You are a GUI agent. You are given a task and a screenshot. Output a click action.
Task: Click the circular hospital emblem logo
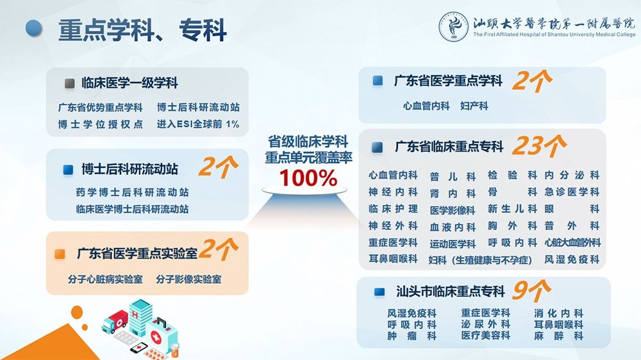point(453,26)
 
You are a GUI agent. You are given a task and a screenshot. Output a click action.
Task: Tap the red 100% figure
point(308,178)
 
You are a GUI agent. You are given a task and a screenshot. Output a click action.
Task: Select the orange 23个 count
point(539,145)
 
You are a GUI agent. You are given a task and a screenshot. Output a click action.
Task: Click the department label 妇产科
point(474,106)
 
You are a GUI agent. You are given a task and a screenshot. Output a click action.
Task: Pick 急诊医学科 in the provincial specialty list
point(572,192)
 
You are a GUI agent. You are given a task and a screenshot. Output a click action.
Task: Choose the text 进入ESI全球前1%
point(198,124)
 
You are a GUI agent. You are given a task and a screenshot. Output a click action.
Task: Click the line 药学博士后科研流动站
point(133,192)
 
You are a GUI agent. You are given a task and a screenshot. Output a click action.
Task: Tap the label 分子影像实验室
point(188,279)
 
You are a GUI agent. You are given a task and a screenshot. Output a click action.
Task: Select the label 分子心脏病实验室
point(106,279)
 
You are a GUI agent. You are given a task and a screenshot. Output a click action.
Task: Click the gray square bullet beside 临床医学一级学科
point(69,83)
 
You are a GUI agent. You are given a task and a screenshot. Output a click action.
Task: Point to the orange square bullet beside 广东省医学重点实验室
point(60,254)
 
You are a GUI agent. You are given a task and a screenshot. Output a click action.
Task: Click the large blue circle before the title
point(34,28)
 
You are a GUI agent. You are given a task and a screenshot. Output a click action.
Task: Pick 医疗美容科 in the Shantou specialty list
point(486,336)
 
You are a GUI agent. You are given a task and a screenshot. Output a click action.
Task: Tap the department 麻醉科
point(558,336)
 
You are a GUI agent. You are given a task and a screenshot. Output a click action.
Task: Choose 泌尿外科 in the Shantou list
point(486,324)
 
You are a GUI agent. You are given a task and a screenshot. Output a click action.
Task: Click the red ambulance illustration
point(115,321)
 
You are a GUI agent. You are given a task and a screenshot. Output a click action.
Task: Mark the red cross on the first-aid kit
point(156,337)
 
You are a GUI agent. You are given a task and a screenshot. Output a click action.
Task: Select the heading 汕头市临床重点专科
point(451,291)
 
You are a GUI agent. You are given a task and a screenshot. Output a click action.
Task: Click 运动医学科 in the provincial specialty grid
point(453,244)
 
